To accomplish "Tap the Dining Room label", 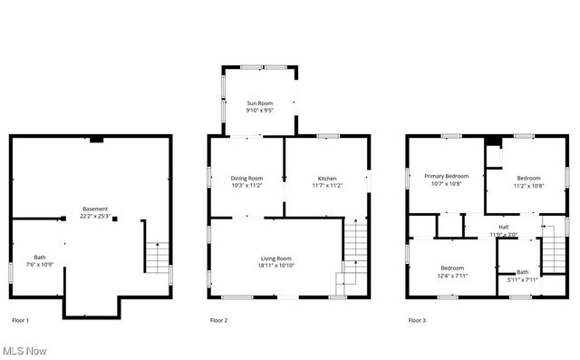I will point(246,178).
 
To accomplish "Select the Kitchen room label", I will point(327,178).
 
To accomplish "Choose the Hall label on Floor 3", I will point(503,227).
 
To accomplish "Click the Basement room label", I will point(94,209).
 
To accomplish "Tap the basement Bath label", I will point(40,257).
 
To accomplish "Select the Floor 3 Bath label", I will point(522,272).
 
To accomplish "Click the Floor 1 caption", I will point(20,320).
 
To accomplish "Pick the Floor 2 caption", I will point(218,320).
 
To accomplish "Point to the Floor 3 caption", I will point(417,320).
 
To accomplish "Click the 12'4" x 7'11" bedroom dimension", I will point(452,276).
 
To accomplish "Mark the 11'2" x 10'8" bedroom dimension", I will point(528,184).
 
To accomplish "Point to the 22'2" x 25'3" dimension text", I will point(94,216).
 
